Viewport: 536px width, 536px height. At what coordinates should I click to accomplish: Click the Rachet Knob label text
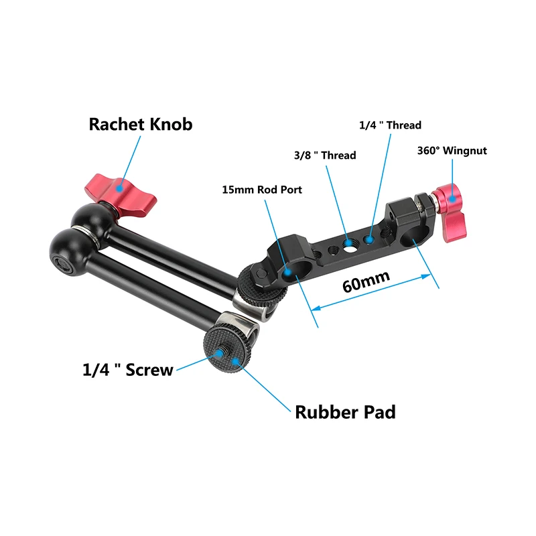pos(140,124)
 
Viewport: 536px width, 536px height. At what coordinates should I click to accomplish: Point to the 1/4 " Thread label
pos(390,125)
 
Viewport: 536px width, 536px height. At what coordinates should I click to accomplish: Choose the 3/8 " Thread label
pos(324,155)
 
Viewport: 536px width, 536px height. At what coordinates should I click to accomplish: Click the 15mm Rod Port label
pos(262,190)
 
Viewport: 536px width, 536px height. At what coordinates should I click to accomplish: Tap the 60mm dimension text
pos(366,283)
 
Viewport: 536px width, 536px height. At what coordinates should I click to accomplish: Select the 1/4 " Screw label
pos(127,368)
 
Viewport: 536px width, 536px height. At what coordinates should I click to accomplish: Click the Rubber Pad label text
pos(345,411)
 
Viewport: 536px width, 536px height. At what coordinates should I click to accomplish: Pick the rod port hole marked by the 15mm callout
pos(291,271)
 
